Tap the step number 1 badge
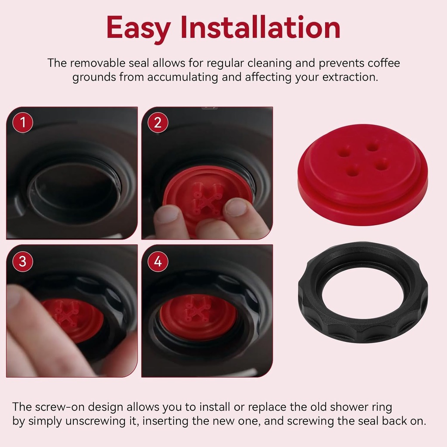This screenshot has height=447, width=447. (22, 123)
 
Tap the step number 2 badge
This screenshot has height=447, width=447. (158, 123)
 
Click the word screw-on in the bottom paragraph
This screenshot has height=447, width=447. (60, 407)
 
